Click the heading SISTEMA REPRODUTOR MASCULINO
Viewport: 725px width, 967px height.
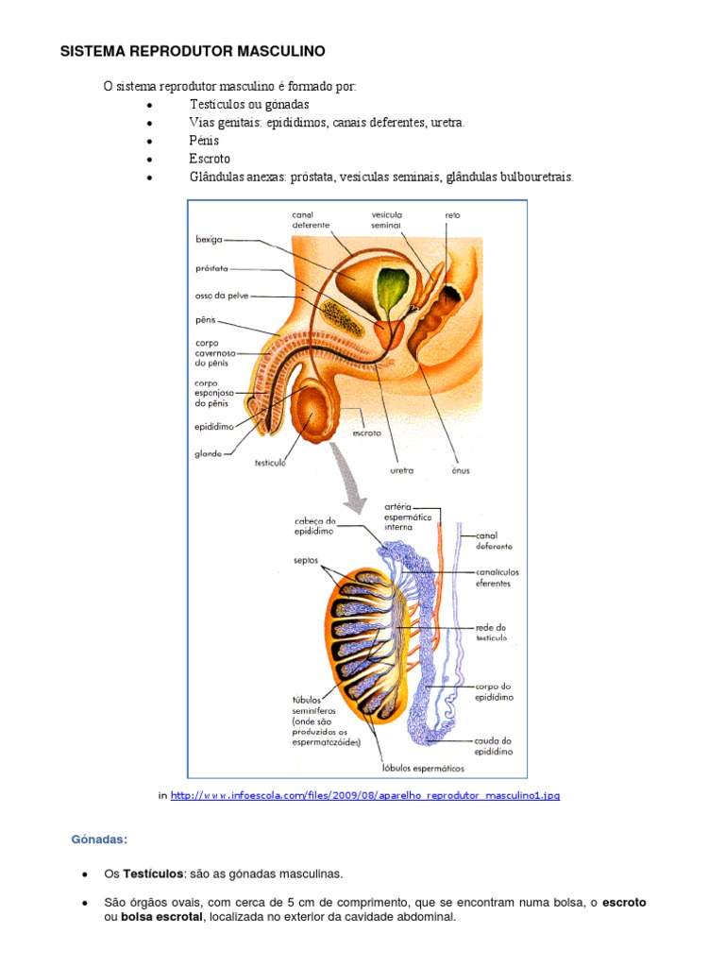[x=193, y=51]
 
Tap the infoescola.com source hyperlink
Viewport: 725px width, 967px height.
[x=365, y=795]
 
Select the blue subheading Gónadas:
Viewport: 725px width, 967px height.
[x=99, y=840]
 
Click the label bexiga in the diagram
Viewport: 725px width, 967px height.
[x=209, y=239]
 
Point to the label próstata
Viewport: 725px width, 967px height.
[x=211, y=269]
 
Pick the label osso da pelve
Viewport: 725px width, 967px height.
[x=222, y=296]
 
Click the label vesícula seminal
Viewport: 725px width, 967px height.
[x=386, y=220]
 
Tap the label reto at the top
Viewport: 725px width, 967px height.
[x=452, y=215]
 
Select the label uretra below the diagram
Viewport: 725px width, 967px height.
[x=402, y=470]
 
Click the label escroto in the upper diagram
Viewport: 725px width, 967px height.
[x=367, y=433]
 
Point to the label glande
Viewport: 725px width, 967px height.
[x=209, y=454]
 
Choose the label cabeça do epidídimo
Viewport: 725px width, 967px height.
[x=314, y=526]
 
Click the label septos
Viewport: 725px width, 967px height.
[x=306, y=561]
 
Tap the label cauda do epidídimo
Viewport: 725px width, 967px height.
[x=493, y=746]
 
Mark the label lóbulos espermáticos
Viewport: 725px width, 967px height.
[x=423, y=769]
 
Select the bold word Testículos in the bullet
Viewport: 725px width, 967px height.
[x=153, y=874]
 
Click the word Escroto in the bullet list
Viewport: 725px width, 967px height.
[x=210, y=159]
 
